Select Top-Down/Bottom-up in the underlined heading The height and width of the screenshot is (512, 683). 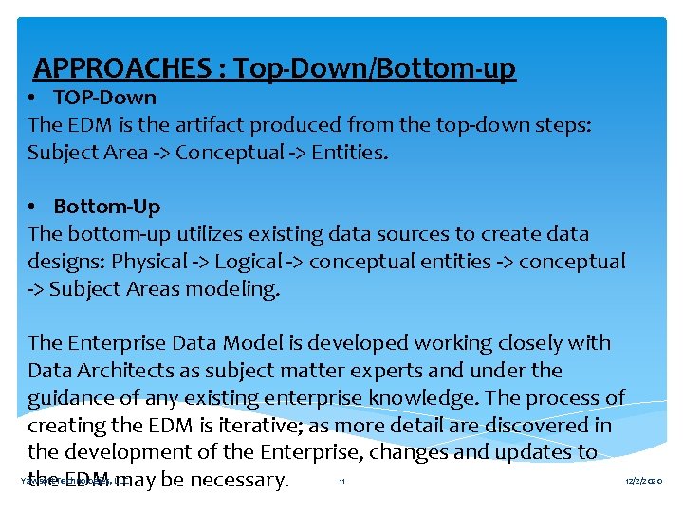click(375, 69)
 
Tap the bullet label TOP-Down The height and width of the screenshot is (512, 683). click(104, 98)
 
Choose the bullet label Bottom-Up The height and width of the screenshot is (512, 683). click(106, 207)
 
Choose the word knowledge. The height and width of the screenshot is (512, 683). click(424, 398)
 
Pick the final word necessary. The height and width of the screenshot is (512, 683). click(238, 481)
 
